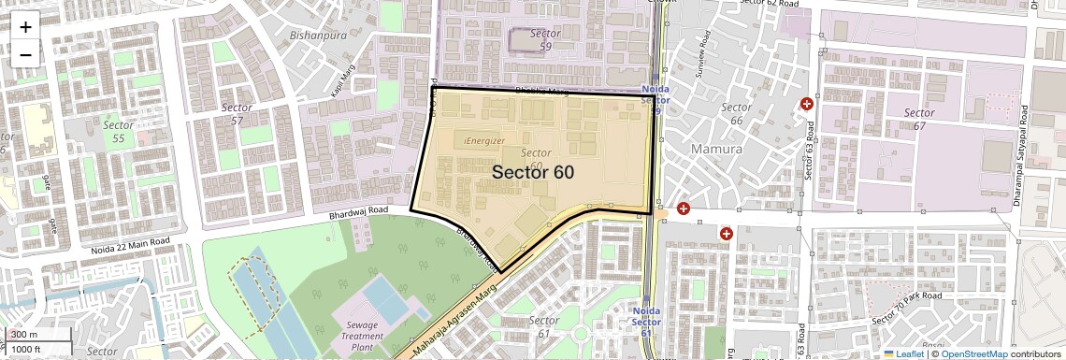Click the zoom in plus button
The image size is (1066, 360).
pyautogui.click(x=25, y=26)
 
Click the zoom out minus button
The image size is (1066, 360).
pyautogui.click(x=25, y=54)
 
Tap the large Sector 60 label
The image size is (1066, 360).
pyautogui.click(x=532, y=172)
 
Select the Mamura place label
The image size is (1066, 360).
pyautogui.click(x=716, y=149)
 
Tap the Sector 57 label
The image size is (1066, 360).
pyautogui.click(x=237, y=114)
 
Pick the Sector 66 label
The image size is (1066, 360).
pyautogui.click(x=736, y=114)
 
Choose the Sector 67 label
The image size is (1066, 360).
pyautogui.click(x=918, y=119)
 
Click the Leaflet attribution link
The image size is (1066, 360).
pyautogui.click(x=903, y=353)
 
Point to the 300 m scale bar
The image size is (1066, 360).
pyautogui.click(x=25, y=335)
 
